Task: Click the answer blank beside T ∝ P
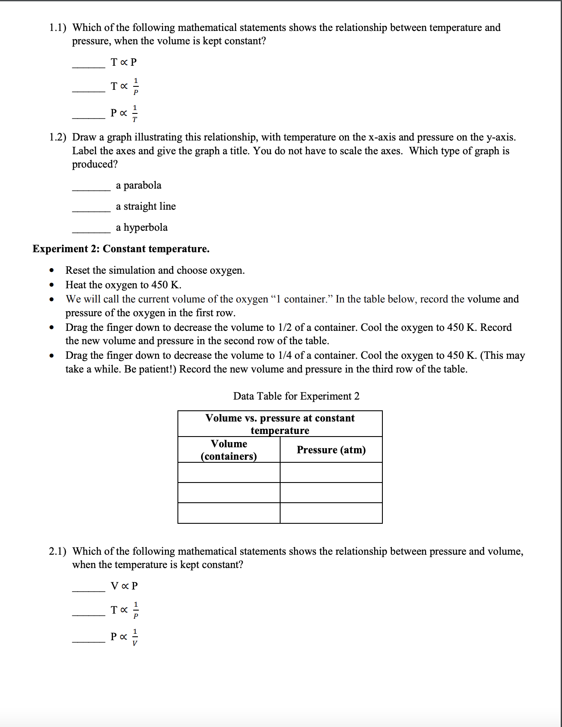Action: [x=89, y=67]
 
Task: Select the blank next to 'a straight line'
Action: [x=91, y=211]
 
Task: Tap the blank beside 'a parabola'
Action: [x=91, y=189]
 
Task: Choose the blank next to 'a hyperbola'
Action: [x=91, y=232]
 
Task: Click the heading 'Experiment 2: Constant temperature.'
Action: [x=121, y=249]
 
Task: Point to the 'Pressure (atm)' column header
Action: [x=331, y=450]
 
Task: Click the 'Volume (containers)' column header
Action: [x=229, y=450]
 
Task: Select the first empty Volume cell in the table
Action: [x=229, y=473]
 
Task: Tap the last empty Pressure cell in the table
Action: [x=331, y=513]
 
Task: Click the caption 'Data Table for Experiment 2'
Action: [x=296, y=396]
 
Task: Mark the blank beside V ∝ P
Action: [x=89, y=590]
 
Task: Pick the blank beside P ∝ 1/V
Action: [x=89, y=641]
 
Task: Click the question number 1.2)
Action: [x=58, y=137]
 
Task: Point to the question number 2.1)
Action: [x=58, y=551]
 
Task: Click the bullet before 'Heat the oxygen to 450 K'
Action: [x=52, y=285]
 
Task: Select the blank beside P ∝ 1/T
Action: [x=89, y=117]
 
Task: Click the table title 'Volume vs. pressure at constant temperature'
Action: [x=280, y=424]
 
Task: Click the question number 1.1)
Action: [x=58, y=28]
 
